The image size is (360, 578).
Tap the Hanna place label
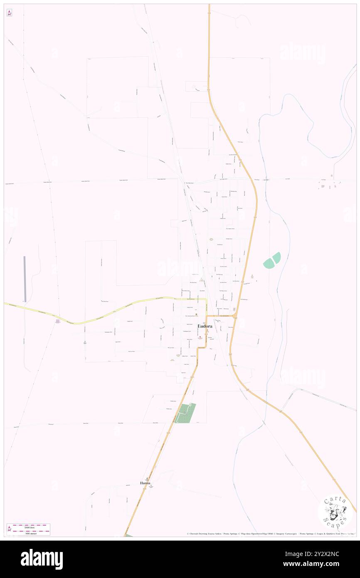click(x=145, y=483)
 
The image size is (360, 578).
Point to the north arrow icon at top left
click(x=9, y=13)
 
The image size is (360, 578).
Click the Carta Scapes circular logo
click(x=335, y=512)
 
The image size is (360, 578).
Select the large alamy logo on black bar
click(x=42, y=559)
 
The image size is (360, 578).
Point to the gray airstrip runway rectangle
click(x=25, y=279)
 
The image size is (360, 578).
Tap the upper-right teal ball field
click(x=276, y=257)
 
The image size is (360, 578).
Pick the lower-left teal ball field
click(x=269, y=263)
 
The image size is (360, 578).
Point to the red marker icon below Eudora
click(x=200, y=338)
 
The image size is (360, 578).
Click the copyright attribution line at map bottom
click(x=270, y=534)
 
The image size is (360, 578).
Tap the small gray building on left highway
click(x=57, y=321)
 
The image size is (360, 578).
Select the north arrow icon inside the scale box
click(x=9, y=529)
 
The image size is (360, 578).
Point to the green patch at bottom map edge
click(x=129, y=535)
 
